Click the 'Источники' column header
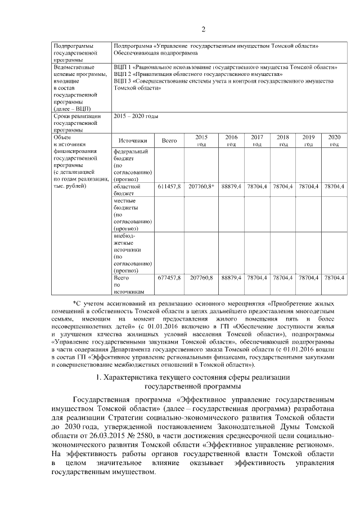[133, 141]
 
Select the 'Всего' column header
[169, 141]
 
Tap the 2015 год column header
[201, 141]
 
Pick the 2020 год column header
[334, 141]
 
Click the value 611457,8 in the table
[169, 186]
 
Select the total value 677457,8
[169, 278]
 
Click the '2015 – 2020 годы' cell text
[136, 116]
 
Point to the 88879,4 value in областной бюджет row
[231, 186]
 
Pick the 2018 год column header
[283, 141]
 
